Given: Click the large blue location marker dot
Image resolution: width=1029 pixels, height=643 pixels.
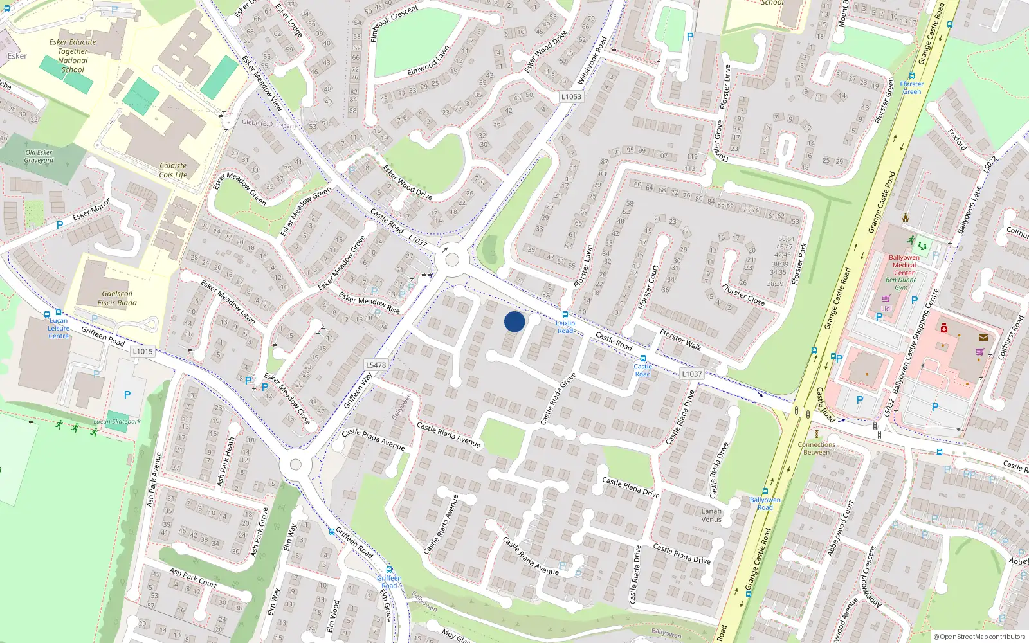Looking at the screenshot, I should pyautogui.click(x=514, y=321).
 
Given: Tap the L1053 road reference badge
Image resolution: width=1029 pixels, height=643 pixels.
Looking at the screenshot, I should pyautogui.click(x=570, y=96).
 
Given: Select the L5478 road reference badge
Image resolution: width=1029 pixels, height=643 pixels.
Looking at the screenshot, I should pyautogui.click(x=376, y=365).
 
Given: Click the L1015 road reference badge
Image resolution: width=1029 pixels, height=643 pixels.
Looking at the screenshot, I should pyautogui.click(x=143, y=351).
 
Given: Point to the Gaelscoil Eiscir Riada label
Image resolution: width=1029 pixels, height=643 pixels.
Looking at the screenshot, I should pyautogui.click(x=117, y=298).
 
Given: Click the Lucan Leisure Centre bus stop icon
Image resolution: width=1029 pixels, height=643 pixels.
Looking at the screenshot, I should pyautogui.click(x=47, y=314).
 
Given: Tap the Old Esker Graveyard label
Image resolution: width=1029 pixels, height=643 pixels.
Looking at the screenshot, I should pyautogui.click(x=39, y=156).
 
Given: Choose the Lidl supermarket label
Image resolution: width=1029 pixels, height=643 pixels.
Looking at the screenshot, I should pyautogui.click(x=886, y=309).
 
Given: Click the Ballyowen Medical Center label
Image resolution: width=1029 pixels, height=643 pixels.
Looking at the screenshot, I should pyautogui.click(x=904, y=265).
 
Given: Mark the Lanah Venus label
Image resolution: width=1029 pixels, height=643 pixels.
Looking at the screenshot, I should pyautogui.click(x=711, y=515).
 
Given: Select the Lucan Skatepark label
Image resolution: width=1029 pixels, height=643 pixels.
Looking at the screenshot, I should pyautogui.click(x=117, y=422).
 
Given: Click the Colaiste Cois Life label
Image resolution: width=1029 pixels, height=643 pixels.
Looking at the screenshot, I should pyautogui.click(x=173, y=170).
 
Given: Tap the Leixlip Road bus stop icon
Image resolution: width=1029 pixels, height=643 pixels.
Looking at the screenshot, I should pyautogui.click(x=565, y=314).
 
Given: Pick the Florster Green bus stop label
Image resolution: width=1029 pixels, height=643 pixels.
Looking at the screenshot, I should pyautogui.click(x=911, y=87).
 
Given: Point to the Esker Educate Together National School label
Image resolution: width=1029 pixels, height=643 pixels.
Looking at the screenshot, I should pyautogui.click(x=73, y=56).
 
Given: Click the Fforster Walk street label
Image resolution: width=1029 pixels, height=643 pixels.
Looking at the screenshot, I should pyautogui.click(x=680, y=339).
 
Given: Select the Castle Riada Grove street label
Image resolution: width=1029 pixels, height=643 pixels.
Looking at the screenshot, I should pyautogui.click(x=558, y=399).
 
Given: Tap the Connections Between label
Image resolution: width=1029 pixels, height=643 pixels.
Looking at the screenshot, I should pyautogui.click(x=816, y=448).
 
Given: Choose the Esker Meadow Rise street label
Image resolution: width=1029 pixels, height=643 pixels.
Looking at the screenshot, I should pyautogui.click(x=369, y=304).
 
